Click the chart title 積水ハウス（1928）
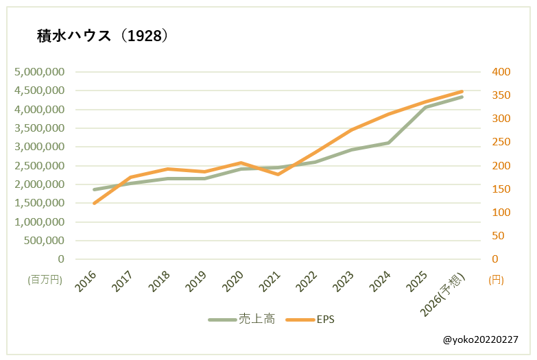coord(102,36)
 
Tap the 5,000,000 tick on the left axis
coord(40,72)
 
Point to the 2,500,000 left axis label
coord(40,166)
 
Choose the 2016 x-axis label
coord(86,283)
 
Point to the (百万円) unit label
coord(45,280)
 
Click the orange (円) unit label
coord(497,280)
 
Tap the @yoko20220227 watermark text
coord(480,339)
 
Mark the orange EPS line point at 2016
coord(93,203)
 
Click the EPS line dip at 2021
coord(278,174)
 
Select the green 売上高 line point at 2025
coord(425,108)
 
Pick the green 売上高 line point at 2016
coord(93,189)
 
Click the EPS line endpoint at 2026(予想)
coord(462,91)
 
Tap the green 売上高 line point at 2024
coord(388,143)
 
